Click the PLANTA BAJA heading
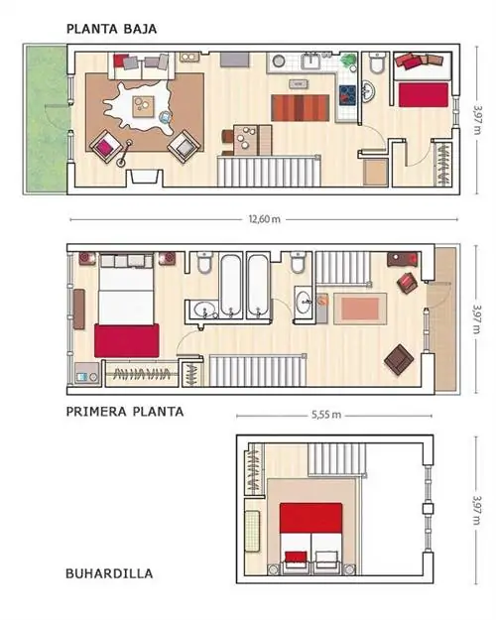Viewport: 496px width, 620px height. tap(111, 29)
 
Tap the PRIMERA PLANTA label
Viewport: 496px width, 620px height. tap(125, 412)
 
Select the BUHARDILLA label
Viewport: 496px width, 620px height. tap(109, 573)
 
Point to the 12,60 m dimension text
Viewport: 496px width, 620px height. tap(264, 219)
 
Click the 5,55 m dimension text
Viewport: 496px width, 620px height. tap(326, 415)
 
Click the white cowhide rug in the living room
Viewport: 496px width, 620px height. tap(139, 105)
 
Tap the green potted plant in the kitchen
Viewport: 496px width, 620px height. tap(349, 62)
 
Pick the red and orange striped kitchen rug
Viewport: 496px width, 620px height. tap(301, 108)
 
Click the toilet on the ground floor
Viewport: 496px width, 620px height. tap(377, 62)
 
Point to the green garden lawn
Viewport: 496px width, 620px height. tap(47, 119)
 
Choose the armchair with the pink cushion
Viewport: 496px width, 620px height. tap(105, 146)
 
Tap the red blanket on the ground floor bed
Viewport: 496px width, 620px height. tap(424, 94)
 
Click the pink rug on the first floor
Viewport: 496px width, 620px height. tap(360, 309)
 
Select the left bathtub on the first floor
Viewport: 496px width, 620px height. tap(230, 286)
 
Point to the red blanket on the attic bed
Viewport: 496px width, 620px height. tap(310, 518)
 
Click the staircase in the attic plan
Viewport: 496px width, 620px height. tap(336, 458)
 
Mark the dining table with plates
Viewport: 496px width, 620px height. tap(246, 140)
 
